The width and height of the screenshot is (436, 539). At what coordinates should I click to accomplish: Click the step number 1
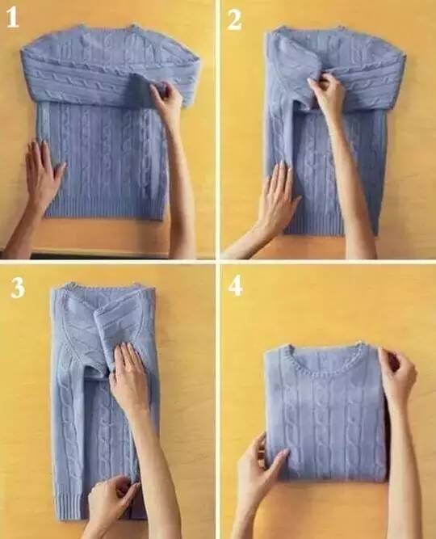(13, 17)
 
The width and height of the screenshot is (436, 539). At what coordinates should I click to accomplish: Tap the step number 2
(234, 19)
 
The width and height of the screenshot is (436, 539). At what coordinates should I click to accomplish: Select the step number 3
(18, 288)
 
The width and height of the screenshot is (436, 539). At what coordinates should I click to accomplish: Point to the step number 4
(236, 285)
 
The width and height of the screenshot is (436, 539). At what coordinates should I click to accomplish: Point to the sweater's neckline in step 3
(103, 286)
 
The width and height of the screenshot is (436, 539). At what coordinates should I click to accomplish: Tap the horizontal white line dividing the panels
(218, 262)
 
